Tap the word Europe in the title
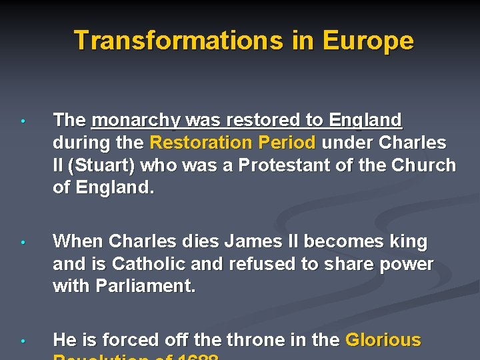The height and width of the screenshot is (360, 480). click(x=367, y=41)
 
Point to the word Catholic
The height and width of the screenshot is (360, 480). click(x=149, y=264)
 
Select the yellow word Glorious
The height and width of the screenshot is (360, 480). click(x=383, y=340)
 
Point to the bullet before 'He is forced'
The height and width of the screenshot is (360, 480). click(x=23, y=341)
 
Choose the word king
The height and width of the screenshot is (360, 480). click(x=409, y=241)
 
